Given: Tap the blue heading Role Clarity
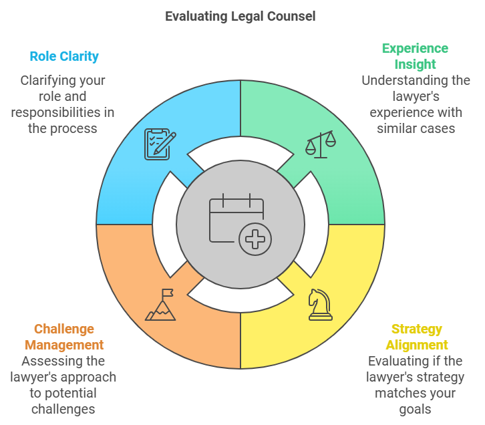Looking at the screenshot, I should click(x=64, y=56).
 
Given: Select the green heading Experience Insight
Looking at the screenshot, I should click(x=415, y=56).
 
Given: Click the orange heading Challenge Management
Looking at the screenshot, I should click(x=64, y=337).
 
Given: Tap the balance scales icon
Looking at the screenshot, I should click(x=321, y=144).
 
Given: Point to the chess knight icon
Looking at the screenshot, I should click(x=320, y=304).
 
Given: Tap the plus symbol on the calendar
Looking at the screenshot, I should click(x=254, y=239).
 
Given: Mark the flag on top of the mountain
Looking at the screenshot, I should click(x=168, y=293).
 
